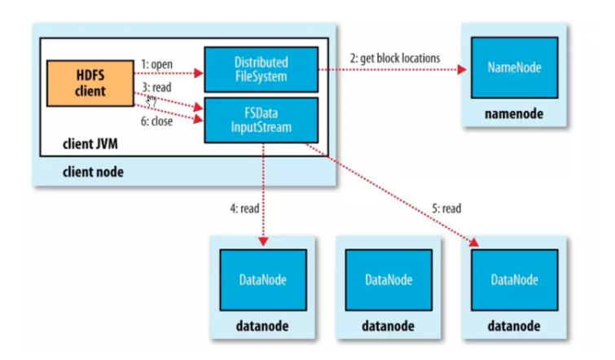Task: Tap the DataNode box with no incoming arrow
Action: coord(387,279)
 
